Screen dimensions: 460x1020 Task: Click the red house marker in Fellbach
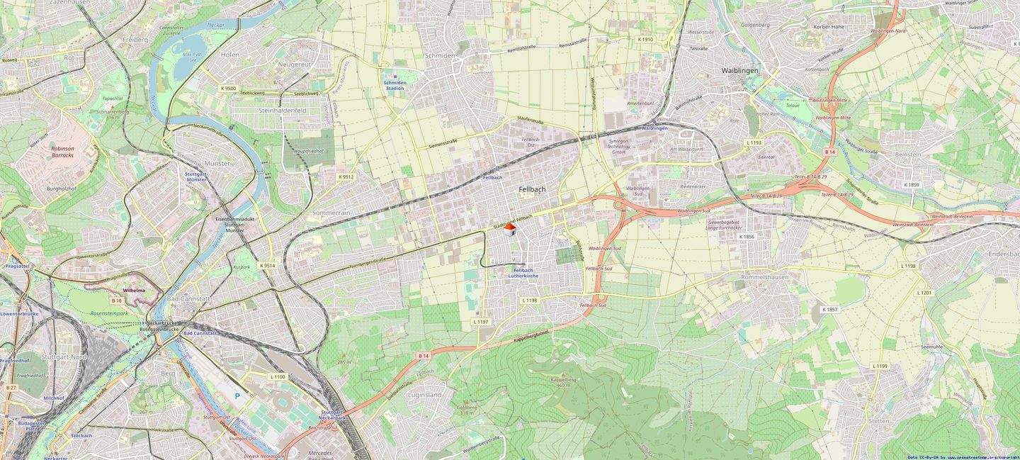(x=510, y=228)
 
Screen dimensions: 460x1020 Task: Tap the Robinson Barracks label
(x=62, y=152)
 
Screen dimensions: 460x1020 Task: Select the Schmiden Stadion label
(x=395, y=85)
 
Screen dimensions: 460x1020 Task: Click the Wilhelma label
(x=134, y=291)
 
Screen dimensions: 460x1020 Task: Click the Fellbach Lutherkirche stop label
(x=523, y=273)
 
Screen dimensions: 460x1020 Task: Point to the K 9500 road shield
(x=228, y=88)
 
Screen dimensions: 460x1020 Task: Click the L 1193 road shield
(x=754, y=142)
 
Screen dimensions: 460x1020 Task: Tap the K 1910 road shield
(x=645, y=40)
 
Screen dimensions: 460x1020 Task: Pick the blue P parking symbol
(x=237, y=396)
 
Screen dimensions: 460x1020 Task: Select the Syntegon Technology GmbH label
(x=619, y=147)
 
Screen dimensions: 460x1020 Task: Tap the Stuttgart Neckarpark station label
(x=332, y=415)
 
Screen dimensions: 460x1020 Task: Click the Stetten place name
(x=878, y=421)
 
